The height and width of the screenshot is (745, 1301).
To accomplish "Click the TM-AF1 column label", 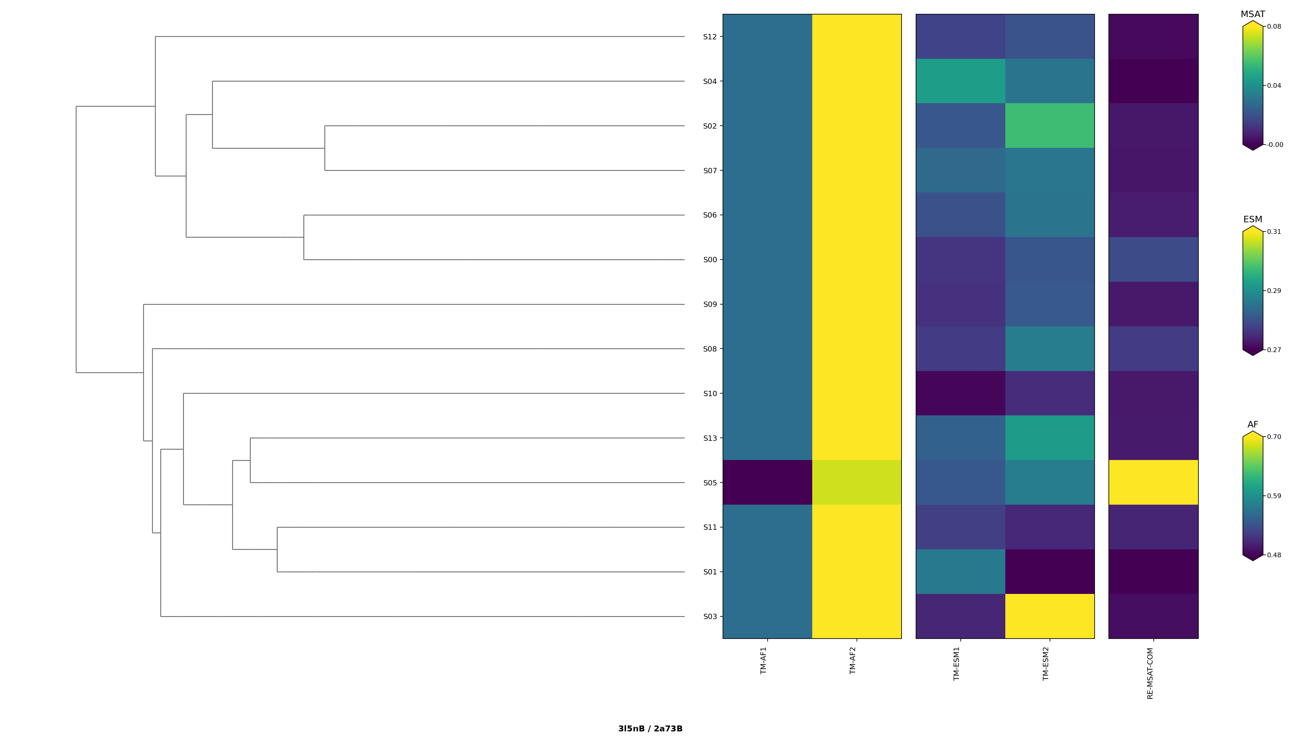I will pos(764,660).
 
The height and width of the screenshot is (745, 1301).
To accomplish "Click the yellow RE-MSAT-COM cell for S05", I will pos(1153,482).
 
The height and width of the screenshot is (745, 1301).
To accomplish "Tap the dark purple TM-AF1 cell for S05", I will pos(767,482).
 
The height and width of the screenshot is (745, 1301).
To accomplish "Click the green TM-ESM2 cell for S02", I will pos(1049,125).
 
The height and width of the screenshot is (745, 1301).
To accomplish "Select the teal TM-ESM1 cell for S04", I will pos(960,81).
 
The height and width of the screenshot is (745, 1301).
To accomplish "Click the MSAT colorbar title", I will pos(1253,14).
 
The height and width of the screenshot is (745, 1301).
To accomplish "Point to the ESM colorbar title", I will pos(1253,219).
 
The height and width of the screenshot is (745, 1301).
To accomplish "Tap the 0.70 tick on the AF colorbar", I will pos(1274,437).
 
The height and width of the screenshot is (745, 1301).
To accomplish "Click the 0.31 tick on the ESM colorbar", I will pos(1274,232).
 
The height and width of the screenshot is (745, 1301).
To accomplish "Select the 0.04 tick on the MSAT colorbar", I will pos(1274,85).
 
